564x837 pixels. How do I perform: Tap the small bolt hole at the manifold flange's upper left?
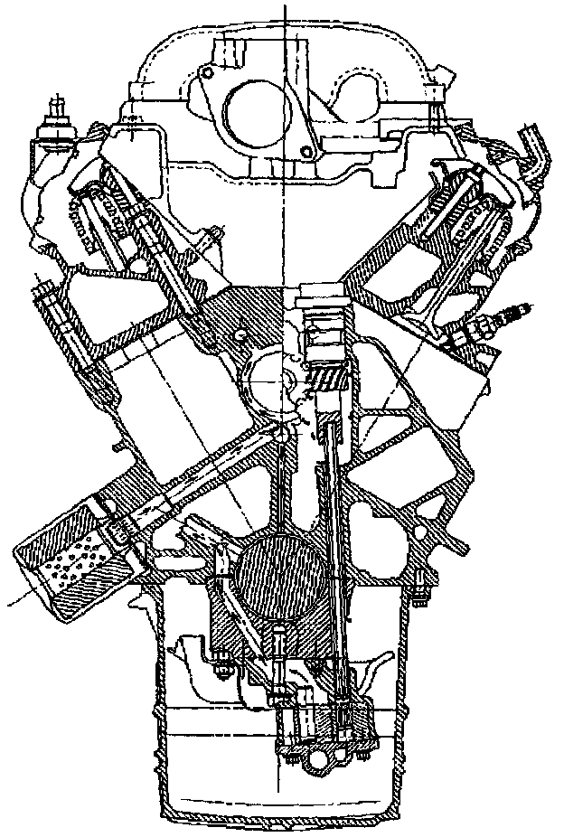tap(207, 73)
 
